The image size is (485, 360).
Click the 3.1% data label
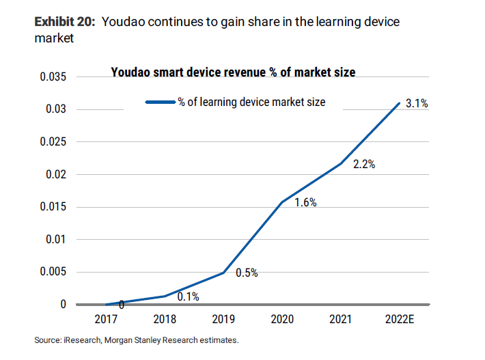[417, 104]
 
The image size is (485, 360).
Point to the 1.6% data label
[305, 203]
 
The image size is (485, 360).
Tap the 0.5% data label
[247, 273]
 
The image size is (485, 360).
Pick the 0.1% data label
[188, 296]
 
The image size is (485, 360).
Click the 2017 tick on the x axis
[107, 319]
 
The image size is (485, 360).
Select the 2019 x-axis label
[223, 319]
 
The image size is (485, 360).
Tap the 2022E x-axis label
[399, 319]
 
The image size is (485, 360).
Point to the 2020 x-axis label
[282, 319]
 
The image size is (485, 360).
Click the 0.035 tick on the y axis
[52, 77]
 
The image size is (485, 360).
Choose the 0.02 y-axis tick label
[55, 175]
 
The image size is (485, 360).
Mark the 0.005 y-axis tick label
[52, 272]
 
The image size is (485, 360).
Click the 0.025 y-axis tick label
[52, 142]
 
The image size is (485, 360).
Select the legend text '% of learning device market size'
[251, 102]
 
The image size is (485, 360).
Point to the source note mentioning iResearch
[136, 340]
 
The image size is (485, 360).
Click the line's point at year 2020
[282, 202]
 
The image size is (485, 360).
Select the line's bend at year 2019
[223, 273]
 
